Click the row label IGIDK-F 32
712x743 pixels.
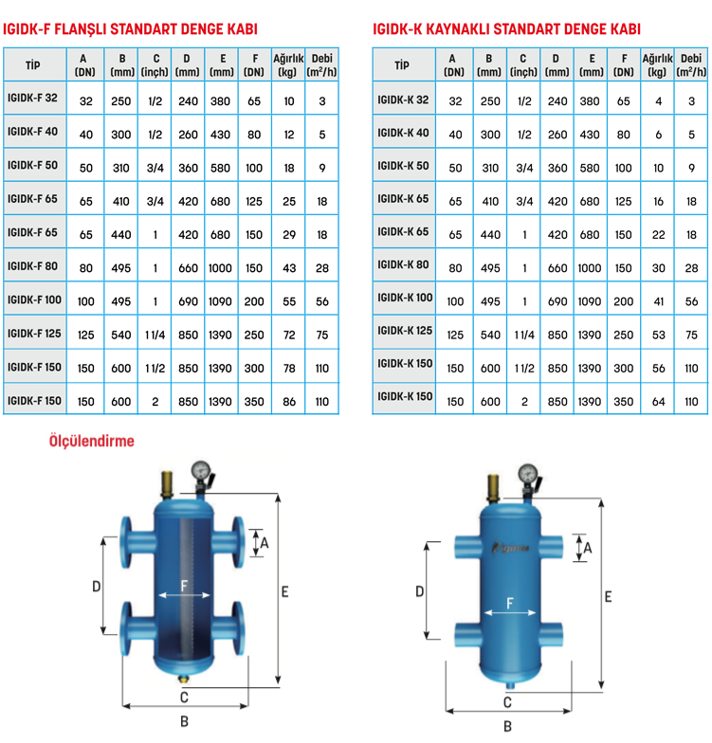pyautogui.click(x=32, y=99)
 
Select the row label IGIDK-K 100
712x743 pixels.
pyautogui.click(x=405, y=298)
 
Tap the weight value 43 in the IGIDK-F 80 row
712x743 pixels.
pyautogui.click(x=289, y=268)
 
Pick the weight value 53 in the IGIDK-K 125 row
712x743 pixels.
pyautogui.click(x=658, y=335)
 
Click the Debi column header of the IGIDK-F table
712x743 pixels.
pyautogui.click(x=322, y=64)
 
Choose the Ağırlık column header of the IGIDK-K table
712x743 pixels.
pyautogui.click(x=658, y=64)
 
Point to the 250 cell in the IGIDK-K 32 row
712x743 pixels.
pyautogui.click(x=490, y=101)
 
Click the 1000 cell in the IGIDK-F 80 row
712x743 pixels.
pyautogui.click(x=220, y=268)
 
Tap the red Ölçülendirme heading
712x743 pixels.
pyautogui.click(x=91, y=442)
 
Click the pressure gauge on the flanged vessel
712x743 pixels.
pyautogui.click(x=201, y=470)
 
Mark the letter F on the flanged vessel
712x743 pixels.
pyautogui.click(x=184, y=586)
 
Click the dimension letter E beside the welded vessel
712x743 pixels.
pyautogui.click(x=609, y=597)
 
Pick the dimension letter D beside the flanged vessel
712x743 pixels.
pyautogui.click(x=97, y=587)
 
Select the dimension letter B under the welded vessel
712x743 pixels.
pyautogui.click(x=507, y=726)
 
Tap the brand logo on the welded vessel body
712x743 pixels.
pyautogui.click(x=511, y=548)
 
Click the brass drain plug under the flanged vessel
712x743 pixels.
pyautogui.click(x=184, y=679)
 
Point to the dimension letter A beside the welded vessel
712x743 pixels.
pyautogui.click(x=588, y=548)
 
